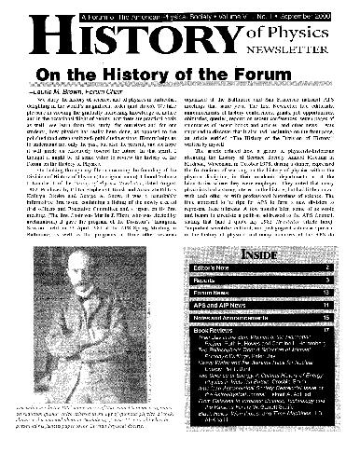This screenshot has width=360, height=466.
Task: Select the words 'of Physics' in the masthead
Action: click(292, 34)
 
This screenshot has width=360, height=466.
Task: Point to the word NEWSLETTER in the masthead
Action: click(293, 52)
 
